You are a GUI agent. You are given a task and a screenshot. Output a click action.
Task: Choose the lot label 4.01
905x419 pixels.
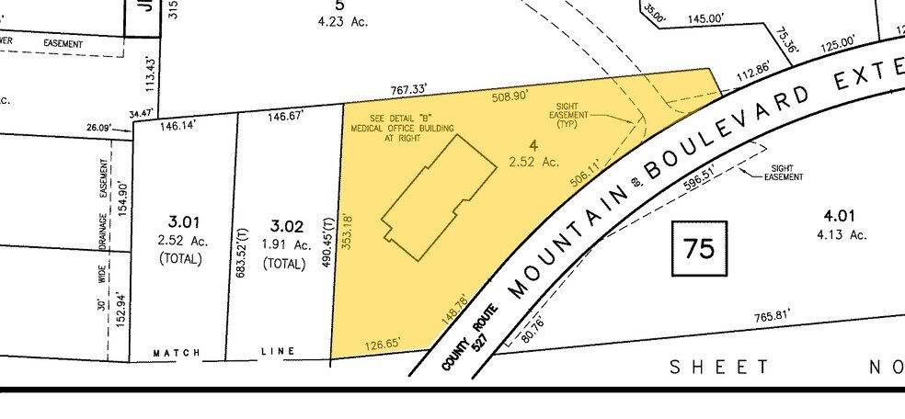coord(840,216)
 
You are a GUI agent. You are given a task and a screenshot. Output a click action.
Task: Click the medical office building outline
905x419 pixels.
coord(431,196)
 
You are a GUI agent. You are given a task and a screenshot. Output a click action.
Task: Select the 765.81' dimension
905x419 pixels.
coord(772,317)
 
